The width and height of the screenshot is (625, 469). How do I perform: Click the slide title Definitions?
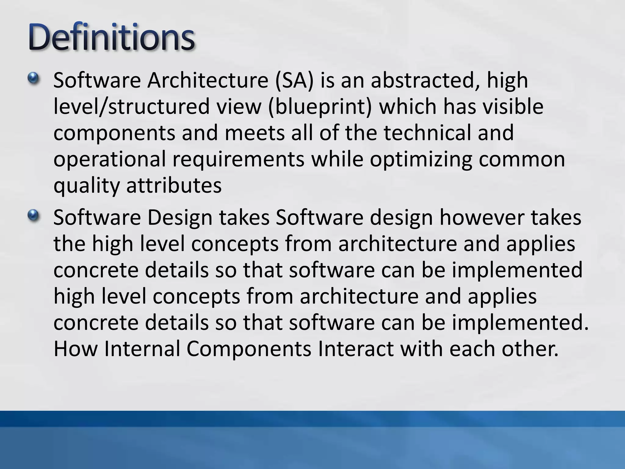pyautogui.click(x=111, y=38)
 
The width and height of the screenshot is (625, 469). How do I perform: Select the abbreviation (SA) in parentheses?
pyautogui.click(x=294, y=81)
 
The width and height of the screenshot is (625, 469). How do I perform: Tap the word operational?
pyautogui.click(x=110, y=160)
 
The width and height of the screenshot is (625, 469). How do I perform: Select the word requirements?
pyautogui.click(x=238, y=160)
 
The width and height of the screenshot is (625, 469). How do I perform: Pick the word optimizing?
pyautogui.click(x=421, y=160)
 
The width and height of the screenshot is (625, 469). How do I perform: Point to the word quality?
pyautogui.click(x=86, y=186)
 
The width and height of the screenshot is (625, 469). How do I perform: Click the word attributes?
pyautogui.click(x=174, y=185)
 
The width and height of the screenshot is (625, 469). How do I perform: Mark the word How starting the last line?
pyautogui.click(x=76, y=349)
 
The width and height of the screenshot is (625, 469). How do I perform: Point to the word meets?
pyautogui.click(x=255, y=133)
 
